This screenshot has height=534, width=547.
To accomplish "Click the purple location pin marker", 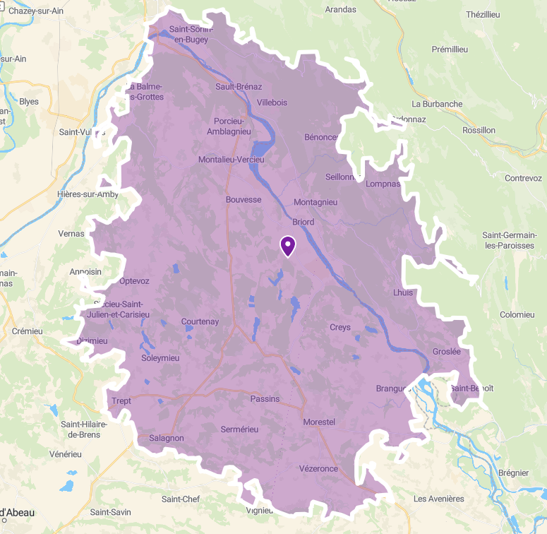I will (x=288, y=245).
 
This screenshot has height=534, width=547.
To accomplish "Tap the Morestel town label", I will (x=319, y=422).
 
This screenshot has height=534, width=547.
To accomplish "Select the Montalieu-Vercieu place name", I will (x=231, y=160).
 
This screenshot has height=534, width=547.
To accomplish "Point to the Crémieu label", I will (x=28, y=331).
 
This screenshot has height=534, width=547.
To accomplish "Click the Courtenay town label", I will (x=200, y=321).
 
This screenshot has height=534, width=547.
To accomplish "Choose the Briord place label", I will (x=303, y=222).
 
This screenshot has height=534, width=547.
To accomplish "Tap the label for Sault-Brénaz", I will (x=239, y=87).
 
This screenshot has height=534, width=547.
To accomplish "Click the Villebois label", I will (x=272, y=102).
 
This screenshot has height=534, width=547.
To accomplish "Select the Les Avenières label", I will (x=439, y=499).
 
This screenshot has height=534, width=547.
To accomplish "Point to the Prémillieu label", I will (x=450, y=49).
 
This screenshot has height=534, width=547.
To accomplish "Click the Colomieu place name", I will (x=517, y=314).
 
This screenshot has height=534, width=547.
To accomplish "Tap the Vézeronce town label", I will (x=318, y=469).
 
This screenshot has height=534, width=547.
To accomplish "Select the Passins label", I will (x=265, y=399).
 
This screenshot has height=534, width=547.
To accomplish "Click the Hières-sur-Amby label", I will (x=88, y=194).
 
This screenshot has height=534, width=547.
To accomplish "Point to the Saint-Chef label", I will (x=181, y=499).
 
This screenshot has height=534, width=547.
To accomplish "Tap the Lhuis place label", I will (x=403, y=292).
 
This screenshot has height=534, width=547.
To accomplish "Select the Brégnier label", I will (x=513, y=473).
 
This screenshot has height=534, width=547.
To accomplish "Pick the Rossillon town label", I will (x=479, y=130).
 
